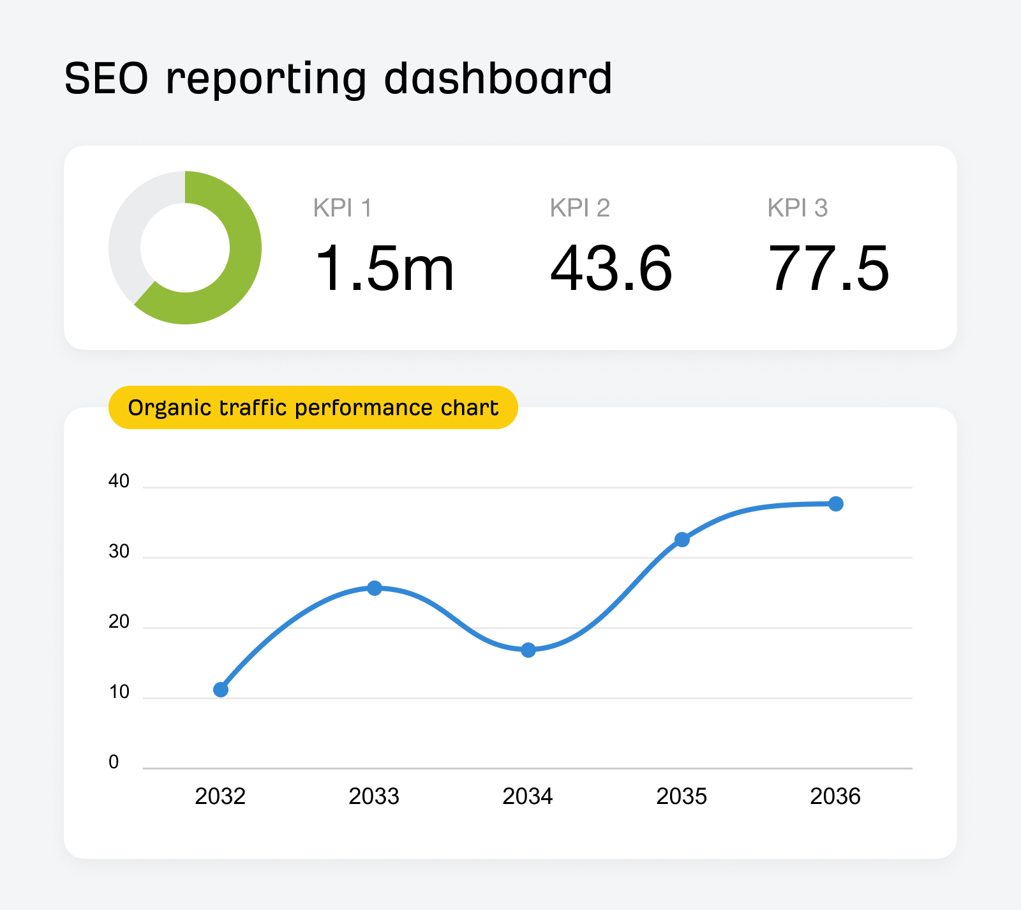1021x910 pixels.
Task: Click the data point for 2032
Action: pos(221,690)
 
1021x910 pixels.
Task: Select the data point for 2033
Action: pos(375,588)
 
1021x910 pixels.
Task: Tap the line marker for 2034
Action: pos(528,650)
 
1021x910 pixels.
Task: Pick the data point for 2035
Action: pos(682,540)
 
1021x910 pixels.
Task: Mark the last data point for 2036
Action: pos(836,504)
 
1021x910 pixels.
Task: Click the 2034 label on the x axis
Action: pos(528,796)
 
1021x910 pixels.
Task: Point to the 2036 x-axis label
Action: pos(835,796)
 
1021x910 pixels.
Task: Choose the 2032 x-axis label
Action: pos(220,796)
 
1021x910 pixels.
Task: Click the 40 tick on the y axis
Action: pos(119,481)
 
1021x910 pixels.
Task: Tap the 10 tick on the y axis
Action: pos(119,692)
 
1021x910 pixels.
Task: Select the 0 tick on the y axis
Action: pos(114,762)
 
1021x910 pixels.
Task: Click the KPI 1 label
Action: pos(342,208)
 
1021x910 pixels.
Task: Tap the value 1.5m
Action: pos(384,269)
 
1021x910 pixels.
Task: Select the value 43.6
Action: pos(611,269)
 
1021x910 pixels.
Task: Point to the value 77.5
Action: pos(828,269)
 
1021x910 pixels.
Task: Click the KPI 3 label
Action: pos(797,208)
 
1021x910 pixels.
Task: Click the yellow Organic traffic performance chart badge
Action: pos(313,407)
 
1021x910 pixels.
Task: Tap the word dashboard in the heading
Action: pos(498,79)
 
